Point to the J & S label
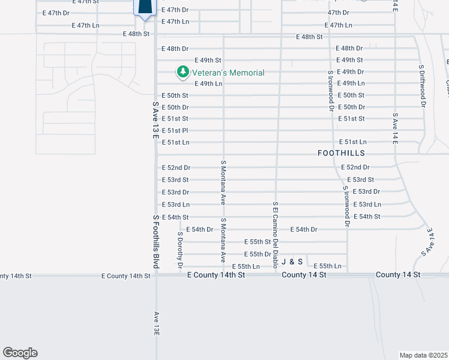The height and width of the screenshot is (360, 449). tap(292, 262)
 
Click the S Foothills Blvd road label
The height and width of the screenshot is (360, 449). tap(155, 242)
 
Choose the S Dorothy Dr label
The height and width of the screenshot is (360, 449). tap(179, 249)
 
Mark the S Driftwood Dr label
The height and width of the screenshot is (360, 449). tap(422, 86)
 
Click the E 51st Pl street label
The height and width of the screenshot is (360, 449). tap(175, 131)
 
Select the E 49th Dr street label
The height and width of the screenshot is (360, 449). tap(351, 72)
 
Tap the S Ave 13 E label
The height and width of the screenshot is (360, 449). tap(155, 122)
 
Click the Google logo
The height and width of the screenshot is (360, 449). tap(20, 353)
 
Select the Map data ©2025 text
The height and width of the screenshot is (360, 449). tap(423, 355)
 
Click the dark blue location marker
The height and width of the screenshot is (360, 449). tap(145, 7)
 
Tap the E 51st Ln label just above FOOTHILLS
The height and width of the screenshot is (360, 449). tap(352, 142)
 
